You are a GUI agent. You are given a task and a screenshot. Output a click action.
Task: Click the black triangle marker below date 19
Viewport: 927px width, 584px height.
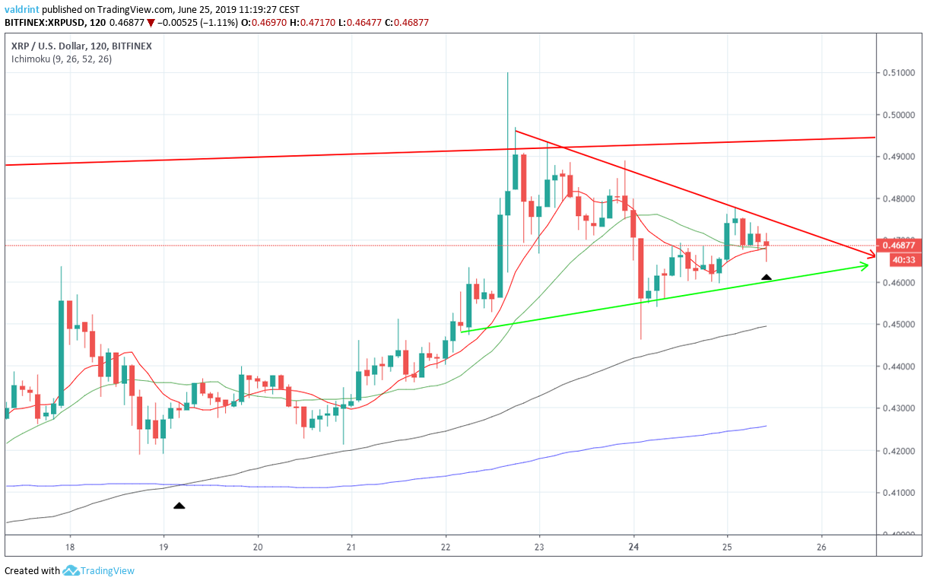pos(179,505)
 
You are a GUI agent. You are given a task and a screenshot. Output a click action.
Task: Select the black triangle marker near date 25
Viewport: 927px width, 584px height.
pos(767,278)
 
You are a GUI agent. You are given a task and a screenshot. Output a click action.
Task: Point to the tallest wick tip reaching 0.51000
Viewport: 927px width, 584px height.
pos(507,73)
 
